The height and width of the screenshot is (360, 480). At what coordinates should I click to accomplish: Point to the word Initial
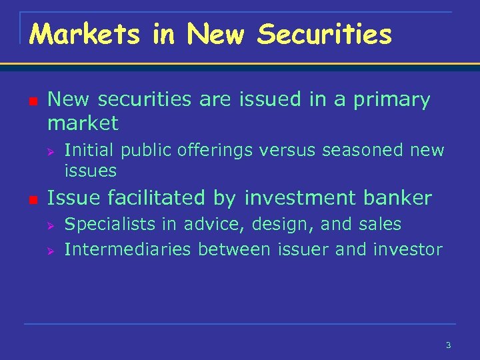tap(89, 150)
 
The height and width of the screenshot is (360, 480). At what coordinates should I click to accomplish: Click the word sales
tap(381, 225)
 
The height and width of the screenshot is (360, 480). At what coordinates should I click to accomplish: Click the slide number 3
tap(448, 345)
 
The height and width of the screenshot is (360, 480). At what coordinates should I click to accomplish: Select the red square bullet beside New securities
tap(31, 101)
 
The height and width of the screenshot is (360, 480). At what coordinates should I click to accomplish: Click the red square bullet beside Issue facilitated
tap(31, 199)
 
